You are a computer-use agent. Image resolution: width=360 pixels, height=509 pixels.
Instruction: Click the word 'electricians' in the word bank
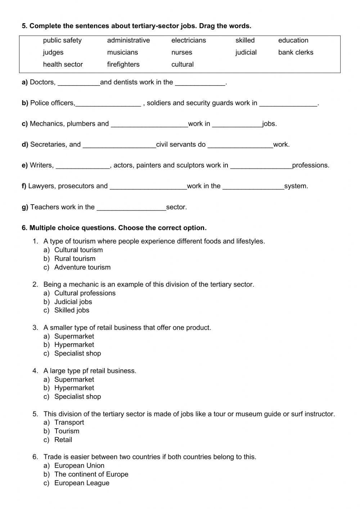(189, 40)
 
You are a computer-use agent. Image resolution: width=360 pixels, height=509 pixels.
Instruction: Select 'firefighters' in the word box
(123, 64)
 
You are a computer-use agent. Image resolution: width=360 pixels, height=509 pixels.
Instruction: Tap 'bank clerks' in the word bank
(296, 52)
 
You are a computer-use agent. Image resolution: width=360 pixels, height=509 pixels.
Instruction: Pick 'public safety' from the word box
(62, 40)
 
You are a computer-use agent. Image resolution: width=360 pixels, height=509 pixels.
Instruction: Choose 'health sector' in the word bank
(63, 64)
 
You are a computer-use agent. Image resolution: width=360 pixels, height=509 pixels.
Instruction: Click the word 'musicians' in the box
(122, 52)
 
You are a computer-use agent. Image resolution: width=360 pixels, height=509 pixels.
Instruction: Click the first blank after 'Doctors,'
(79, 83)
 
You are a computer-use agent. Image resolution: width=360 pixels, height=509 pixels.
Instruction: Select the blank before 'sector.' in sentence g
(131, 207)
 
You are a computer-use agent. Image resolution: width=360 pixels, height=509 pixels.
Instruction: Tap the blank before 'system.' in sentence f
(253, 187)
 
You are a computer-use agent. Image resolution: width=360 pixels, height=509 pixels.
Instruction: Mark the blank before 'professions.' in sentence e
(261, 166)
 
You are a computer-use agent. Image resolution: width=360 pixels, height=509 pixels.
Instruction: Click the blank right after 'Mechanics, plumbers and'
(149, 124)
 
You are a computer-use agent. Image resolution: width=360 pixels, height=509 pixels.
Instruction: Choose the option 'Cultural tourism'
(78, 250)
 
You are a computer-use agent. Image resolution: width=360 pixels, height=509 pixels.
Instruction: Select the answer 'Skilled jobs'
(72, 310)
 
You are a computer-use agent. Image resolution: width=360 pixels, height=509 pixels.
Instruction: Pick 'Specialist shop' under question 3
(77, 353)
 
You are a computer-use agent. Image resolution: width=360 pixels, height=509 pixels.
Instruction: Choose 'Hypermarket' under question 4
(74, 388)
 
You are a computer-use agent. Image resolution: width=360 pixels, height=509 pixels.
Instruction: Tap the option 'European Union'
(79, 465)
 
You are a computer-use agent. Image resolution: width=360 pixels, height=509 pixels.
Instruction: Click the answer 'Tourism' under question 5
(67, 431)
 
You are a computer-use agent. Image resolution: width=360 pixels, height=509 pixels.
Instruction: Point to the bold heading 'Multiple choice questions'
(118, 228)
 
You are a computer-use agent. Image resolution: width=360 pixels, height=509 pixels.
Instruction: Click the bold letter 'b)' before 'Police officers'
(25, 103)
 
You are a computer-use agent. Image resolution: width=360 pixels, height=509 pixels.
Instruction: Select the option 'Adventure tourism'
(82, 267)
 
